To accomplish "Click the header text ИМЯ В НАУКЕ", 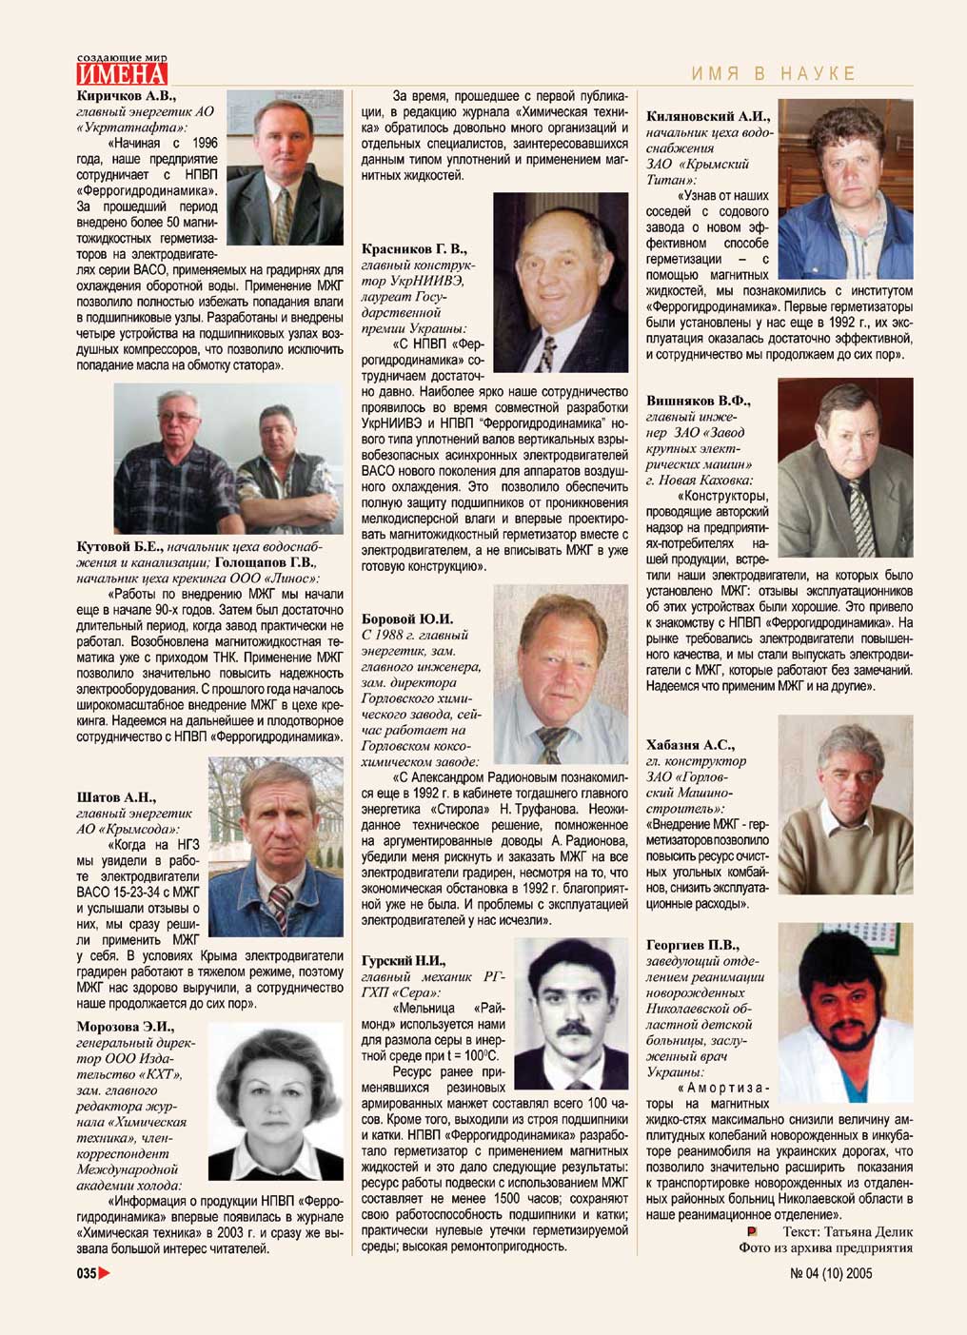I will pos(773,73).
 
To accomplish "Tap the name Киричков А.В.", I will pos(126,95).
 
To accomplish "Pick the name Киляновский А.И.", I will pos(707,116).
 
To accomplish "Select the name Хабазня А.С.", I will pos(690,744).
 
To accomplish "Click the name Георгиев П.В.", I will pos(692,945).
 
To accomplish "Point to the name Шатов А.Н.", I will pos(116,797).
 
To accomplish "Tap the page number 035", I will pos(87,1273).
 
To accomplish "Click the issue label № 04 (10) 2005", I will pos(831,1273).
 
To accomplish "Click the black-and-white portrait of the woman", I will pos(275,1101).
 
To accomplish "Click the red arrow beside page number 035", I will pos(105,1273).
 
